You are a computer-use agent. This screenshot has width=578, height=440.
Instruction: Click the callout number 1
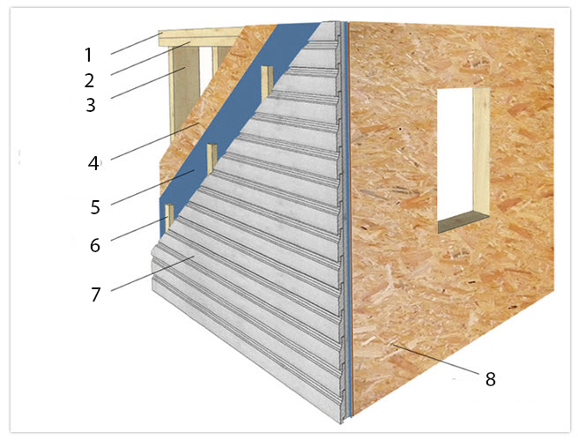click(x=88, y=55)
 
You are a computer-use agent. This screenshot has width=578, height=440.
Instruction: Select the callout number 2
click(x=89, y=80)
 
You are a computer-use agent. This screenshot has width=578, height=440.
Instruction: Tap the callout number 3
click(x=91, y=105)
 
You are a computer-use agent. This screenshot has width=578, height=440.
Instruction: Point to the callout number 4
click(x=93, y=163)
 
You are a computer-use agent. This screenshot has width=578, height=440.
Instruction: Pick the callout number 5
click(x=95, y=207)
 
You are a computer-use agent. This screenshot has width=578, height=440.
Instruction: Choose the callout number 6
click(x=95, y=245)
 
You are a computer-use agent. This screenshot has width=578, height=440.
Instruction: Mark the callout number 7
click(x=96, y=295)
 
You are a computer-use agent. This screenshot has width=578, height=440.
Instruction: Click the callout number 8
click(x=490, y=379)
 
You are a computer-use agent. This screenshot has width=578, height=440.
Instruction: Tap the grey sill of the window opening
click(x=463, y=222)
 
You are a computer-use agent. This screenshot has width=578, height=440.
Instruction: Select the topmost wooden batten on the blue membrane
click(x=267, y=84)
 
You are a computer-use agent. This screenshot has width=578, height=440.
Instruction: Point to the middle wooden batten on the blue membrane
click(x=211, y=158)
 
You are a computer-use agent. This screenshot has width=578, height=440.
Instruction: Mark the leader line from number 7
click(x=151, y=274)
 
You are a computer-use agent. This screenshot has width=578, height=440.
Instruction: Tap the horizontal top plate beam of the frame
click(x=201, y=37)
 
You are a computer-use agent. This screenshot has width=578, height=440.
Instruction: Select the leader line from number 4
click(x=155, y=141)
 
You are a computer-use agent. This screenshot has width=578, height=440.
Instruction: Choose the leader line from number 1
click(x=137, y=43)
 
